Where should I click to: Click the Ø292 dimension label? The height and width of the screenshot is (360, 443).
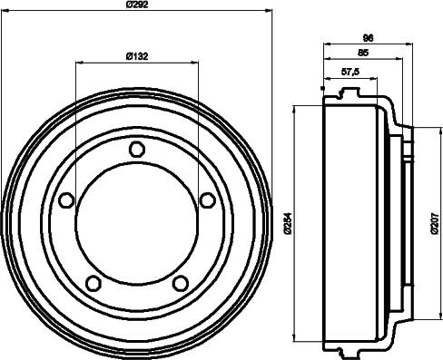pyautogui.click(x=136, y=6)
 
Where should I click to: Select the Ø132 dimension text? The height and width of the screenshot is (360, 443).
pyautogui.click(x=137, y=56)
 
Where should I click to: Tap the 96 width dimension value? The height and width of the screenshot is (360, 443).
pyautogui.click(x=369, y=38)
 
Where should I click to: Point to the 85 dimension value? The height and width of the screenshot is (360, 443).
pyautogui.click(x=363, y=54)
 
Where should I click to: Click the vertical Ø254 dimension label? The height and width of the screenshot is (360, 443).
pyautogui.click(x=287, y=223)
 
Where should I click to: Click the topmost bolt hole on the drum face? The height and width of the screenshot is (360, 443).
pyautogui.click(x=136, y=149)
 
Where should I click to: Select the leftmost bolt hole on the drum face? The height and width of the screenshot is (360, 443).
pyautogui.click(x=66, y=200)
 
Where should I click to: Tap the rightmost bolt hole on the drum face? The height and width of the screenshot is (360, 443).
pyautogui.click(x=207, y=200)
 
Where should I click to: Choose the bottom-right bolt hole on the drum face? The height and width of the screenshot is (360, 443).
pyautogui.click(x=181, y=283)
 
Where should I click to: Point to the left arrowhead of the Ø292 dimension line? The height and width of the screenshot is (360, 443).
pyautogui.click(x=5, y=12)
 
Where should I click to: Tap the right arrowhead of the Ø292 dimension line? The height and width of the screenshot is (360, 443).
pyautogui.click(x=270, y=12)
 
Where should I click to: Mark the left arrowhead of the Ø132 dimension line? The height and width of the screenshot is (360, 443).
pyautogui.click(x=79, y=63)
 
